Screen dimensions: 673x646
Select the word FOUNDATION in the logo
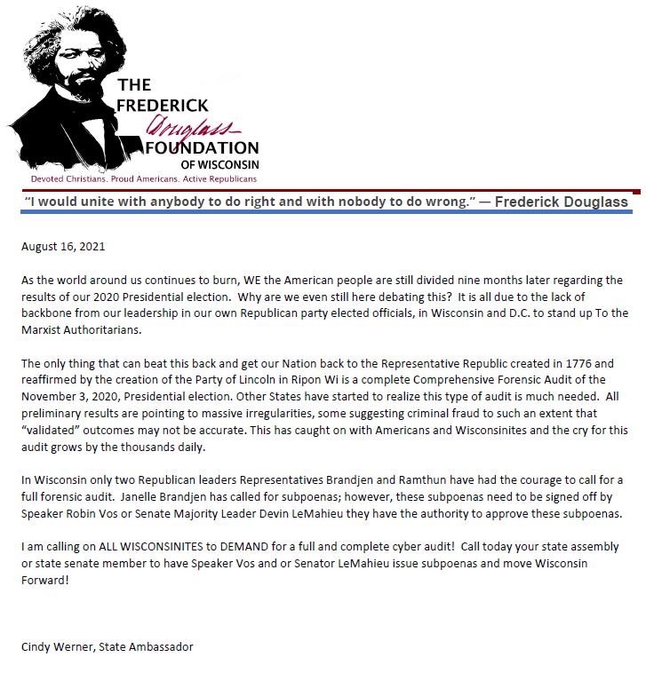[x=203, y=147]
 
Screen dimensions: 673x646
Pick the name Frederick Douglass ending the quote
[x=562, y=202]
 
